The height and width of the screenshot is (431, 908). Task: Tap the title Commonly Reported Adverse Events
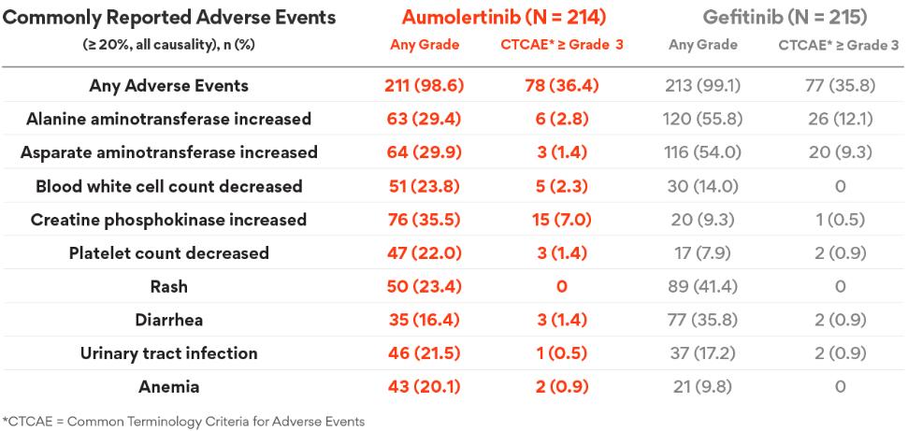coord(169,18)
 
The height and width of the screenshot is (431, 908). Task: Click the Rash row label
coord(168,286)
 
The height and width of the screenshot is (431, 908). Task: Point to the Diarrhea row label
coord(168,320)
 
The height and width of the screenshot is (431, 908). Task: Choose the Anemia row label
coord(168,386)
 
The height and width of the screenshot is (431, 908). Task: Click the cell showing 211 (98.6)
coord(422,86)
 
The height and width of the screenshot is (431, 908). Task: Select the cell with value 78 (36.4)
coord(561,86)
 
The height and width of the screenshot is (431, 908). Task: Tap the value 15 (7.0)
coord(561,220)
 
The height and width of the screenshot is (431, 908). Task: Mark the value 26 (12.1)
coord(840,120)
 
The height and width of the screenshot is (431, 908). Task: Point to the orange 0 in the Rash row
coord(561,286)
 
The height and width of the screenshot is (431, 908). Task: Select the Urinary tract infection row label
coord(168,353)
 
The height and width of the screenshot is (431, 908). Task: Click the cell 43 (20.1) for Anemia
coord(422,386)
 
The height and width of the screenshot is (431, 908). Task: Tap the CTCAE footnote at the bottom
coord(183,421)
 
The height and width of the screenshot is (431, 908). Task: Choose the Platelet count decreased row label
coord(168,253)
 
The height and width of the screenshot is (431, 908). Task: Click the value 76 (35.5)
coord(422,220)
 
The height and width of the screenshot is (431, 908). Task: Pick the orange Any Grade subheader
coord(425,45)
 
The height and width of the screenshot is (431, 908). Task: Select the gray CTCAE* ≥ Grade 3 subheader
coord(839,45)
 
